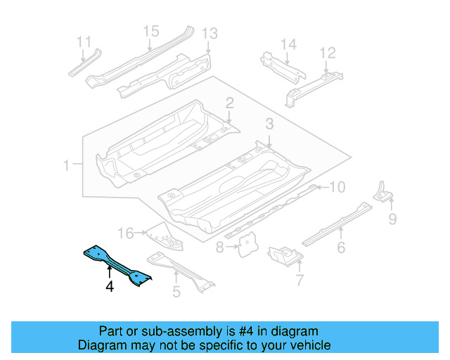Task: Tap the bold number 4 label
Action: (110, 286)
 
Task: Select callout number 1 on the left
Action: (66, 166)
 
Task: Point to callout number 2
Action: (229, 104)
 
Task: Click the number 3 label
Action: (269, 124)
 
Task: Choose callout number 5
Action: (176, 289)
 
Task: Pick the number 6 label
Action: (341, 247)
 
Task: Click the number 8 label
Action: (220, 247)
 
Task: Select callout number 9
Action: (392, 219)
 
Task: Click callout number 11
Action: (84, 41)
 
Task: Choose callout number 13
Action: (210, 34)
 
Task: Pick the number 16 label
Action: (125, 233)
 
